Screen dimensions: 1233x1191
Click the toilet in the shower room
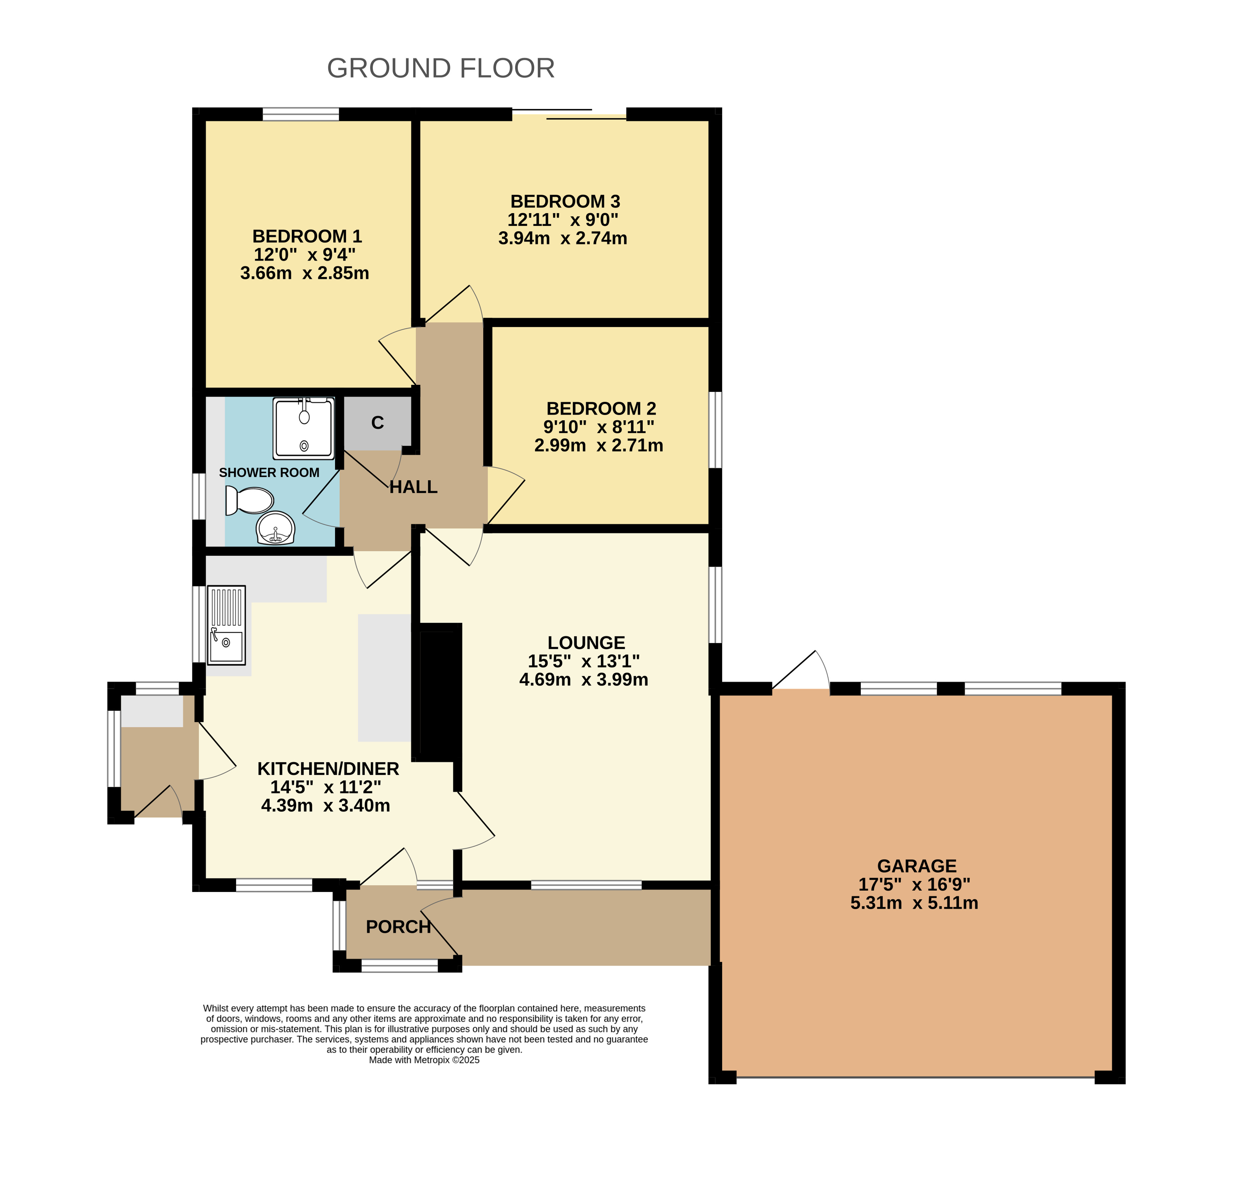(x=249, y=500)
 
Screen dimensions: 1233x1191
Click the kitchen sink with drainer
(x=226, y=625)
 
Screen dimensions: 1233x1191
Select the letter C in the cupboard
(x=377, y=423)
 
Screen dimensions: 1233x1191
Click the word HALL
(x=413, y=487)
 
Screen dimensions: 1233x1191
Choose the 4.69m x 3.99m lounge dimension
(x=584, y=680)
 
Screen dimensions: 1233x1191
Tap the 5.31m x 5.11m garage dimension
(x=914, y=903)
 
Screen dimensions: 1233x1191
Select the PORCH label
(x=398, y=927)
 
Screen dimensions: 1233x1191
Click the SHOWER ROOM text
(x=269, y=472)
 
